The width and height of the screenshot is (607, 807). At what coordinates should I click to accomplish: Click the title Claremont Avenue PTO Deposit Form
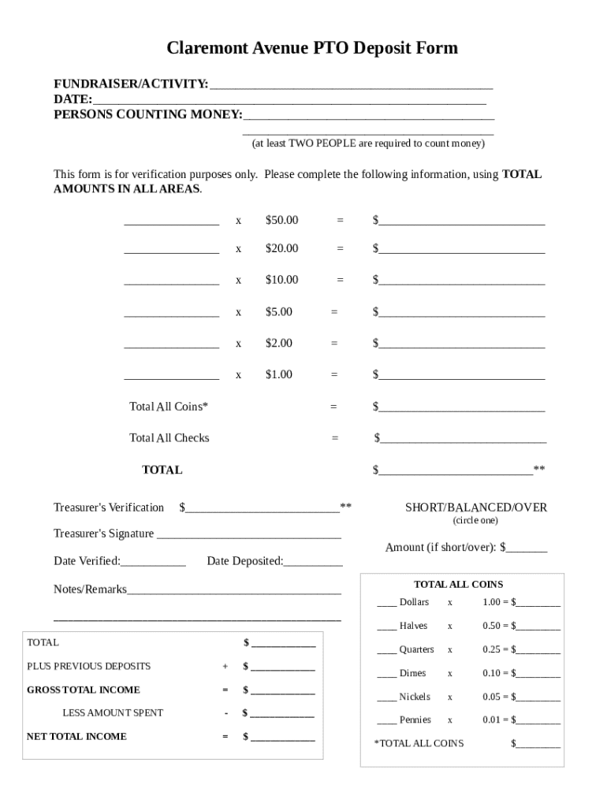tap(311, 49)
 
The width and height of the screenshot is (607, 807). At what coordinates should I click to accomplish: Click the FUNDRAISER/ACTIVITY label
tap(131, 84)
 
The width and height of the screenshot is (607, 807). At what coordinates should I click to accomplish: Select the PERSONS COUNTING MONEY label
tap(148, 115)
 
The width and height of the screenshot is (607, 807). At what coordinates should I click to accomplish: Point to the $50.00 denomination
tap(281, 220)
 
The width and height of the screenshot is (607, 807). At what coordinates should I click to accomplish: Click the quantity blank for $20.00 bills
tap(171, 250)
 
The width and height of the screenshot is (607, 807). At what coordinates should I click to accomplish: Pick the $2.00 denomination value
tap(278, 343)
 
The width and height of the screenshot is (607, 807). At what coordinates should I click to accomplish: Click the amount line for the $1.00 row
tap(461, 376)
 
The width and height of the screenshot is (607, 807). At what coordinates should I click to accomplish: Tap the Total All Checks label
tap(169, 438)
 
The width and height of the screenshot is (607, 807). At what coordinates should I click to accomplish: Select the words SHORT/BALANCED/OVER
tap(475, 508)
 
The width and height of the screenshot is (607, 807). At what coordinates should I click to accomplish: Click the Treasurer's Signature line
tap(249, 535)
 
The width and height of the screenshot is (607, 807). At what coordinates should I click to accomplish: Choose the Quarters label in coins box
tap(416, 649)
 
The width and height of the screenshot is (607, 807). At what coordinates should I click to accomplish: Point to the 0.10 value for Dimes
tap(493, 673)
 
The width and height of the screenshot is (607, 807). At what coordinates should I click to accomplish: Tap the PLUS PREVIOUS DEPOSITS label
tap(89, 666)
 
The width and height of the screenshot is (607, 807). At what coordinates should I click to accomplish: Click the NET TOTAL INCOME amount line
tap(282, 738)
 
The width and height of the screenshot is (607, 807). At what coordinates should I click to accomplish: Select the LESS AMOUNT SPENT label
tap(113, 713)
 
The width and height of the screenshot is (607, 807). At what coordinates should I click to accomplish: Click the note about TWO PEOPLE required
tap(367, 143)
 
